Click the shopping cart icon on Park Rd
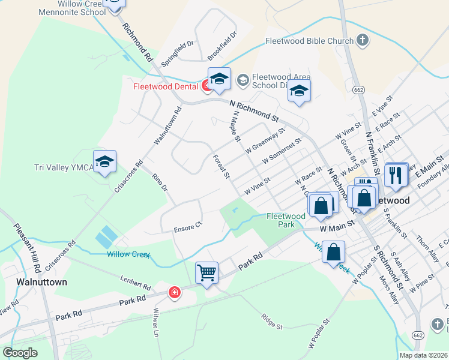point(207,273)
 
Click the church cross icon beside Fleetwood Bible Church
point(362,41)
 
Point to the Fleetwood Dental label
point(166,86)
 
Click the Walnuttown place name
point(41,281)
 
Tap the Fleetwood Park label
point(285,220)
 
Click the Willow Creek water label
point(128,254)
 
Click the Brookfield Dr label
point(223,46)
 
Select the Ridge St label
point(271,322)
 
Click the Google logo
point(20,353)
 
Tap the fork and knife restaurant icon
point(395,175)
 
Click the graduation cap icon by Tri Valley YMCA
point(104,161)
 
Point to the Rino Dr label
point(160,182)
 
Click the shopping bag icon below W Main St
point(333,253)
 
